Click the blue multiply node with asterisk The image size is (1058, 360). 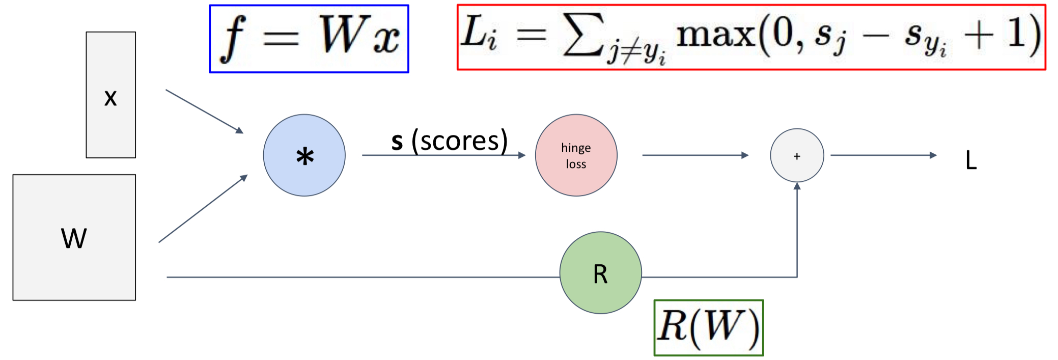(304, 155)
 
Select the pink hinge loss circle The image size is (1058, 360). (576, 155)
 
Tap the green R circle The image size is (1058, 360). (600, 273)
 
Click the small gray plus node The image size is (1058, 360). (797, 156)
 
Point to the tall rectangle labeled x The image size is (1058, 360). (110, 95)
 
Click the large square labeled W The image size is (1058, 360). (74, 237)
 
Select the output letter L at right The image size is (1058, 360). (971, 160)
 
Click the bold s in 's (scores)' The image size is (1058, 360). (397, 142)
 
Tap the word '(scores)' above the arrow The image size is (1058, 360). (459, 141)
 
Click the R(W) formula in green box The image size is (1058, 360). (708, 327)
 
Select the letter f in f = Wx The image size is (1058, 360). (234, 38)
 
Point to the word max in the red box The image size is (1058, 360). (715, 35)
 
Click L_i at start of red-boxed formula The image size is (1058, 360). (478, 33)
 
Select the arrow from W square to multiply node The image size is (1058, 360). (203, 209)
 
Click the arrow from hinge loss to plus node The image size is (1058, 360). (695, 155)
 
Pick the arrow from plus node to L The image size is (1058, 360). (883, 155)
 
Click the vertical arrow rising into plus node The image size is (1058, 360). (797, 229)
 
